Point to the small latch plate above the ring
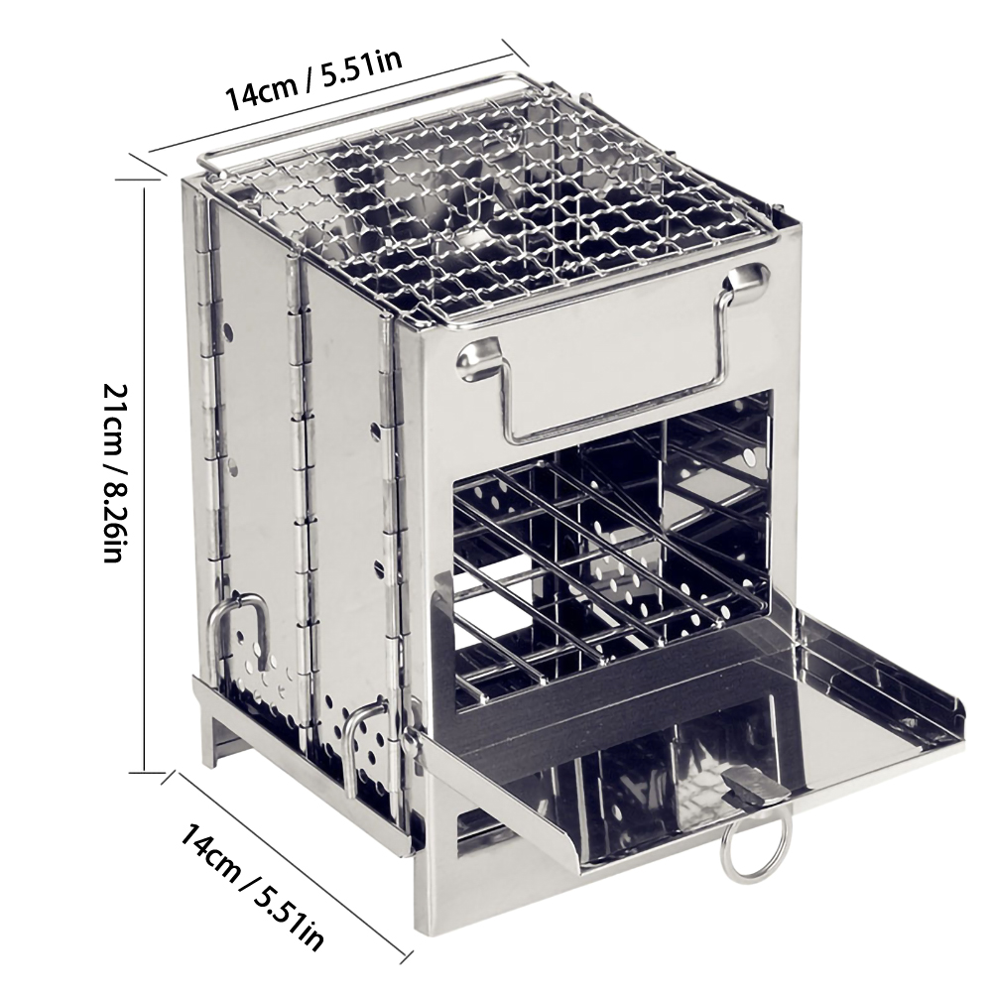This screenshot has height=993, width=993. [x=754, y=786]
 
